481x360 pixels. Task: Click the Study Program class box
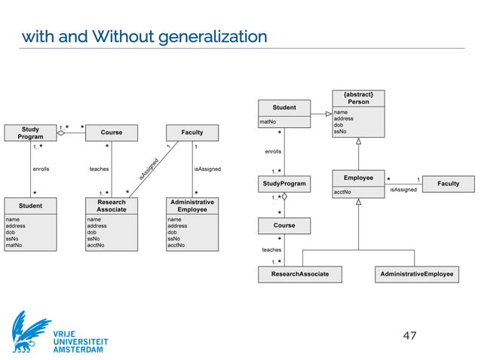30,133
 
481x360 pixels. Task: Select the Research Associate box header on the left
112,205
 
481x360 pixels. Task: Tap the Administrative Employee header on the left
192,205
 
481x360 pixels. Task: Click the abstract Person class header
358,98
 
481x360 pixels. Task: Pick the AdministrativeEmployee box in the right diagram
416,274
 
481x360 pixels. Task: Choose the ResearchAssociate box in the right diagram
300,274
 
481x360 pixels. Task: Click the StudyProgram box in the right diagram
284,183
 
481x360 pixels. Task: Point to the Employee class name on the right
358,178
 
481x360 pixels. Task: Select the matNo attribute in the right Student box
267,121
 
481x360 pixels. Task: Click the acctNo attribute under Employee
342,193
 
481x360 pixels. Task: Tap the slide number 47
410,335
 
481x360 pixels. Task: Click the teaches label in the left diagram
100,169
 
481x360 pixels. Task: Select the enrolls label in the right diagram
273,152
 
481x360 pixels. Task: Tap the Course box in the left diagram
112,133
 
